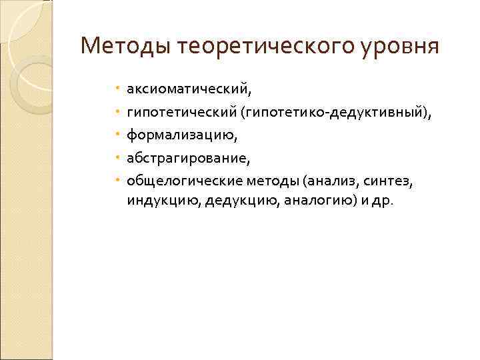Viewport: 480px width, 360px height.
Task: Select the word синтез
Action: pos(383,181)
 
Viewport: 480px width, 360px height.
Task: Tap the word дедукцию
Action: pos(223,201)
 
